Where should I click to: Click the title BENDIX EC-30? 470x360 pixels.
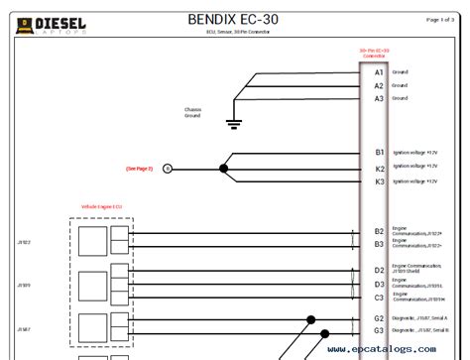click(x=235, y=18)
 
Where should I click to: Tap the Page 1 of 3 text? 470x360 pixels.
click(x=447, y=19)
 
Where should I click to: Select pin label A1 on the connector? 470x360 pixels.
click(x=379, y=72)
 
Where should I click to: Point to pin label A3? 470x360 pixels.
click(x=379, y=98)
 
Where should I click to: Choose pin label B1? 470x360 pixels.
click(x=379, y=153)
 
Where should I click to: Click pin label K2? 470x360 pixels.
click(x=379, y=169)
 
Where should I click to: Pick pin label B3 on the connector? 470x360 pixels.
click(x=379, y=244)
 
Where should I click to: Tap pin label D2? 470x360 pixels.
click(x=379, y=270)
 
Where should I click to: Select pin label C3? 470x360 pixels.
click(x=379, y=297)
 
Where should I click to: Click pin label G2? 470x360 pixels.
click(x=379, y=318)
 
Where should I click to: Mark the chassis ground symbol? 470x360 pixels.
click(x=235, y=123)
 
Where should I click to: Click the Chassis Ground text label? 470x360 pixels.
click(x=194, y=111)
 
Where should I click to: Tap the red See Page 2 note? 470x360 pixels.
click(x=139, y=169)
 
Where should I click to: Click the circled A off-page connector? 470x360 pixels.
click(x=167, y=169)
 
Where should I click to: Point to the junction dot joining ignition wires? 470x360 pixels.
click(x=223, y=169)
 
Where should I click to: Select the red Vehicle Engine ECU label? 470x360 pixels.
click(x=102, y=206)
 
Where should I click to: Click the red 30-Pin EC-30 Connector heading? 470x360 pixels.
click(x=374, y=52)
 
